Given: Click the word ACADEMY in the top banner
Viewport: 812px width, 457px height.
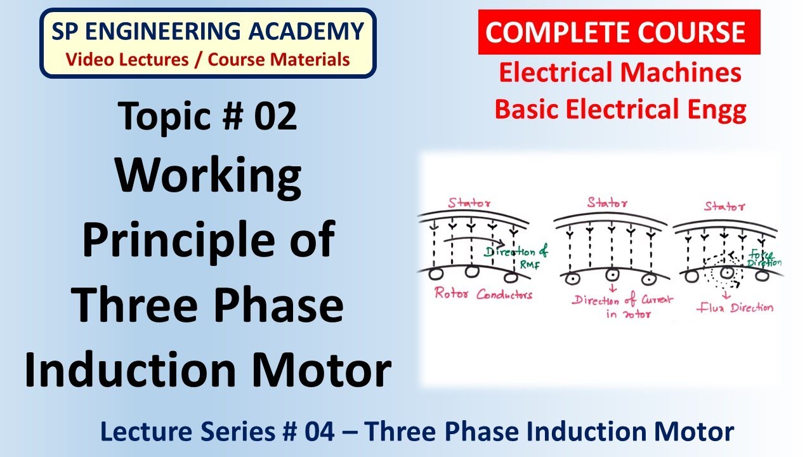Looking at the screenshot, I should [310, 30].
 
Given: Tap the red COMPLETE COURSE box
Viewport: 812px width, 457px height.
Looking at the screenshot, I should [619, 32].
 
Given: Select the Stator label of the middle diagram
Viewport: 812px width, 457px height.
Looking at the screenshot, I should [608, 204].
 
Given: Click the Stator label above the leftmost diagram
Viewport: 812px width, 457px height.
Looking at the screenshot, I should [470, 204].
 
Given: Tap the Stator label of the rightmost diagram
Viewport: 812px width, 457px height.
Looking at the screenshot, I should [725, 206].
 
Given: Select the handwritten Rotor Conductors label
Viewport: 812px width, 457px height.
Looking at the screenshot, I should [483, 294].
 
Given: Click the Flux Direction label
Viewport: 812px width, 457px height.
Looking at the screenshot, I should [735, 308].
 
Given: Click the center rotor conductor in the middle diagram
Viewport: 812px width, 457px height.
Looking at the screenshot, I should [612, 276].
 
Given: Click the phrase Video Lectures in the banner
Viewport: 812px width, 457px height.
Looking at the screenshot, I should [127, 60].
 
